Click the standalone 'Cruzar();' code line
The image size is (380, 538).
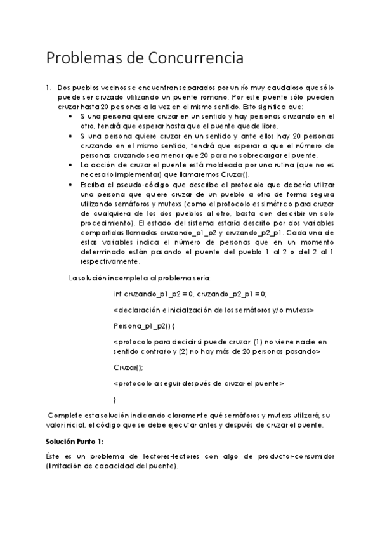point(128,367)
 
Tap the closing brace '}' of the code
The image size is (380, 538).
point(114,399)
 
